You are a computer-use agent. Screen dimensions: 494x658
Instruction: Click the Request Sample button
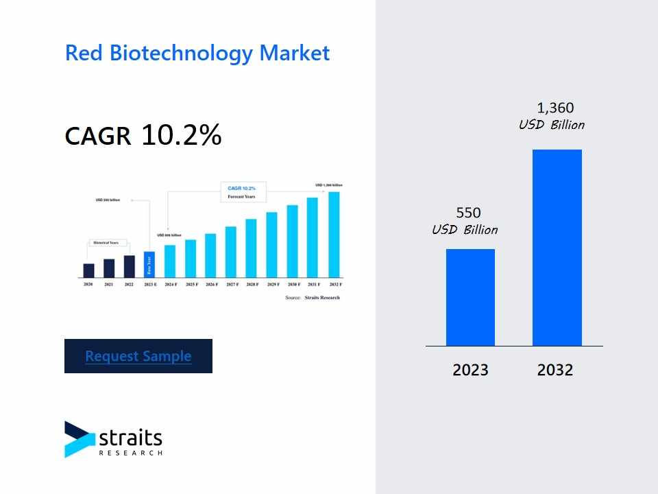point(138,356)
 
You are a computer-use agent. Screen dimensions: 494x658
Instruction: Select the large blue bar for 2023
point(470,297)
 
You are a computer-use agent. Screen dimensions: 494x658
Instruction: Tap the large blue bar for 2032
point(557,248)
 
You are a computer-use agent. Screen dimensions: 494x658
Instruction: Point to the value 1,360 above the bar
point(555,108)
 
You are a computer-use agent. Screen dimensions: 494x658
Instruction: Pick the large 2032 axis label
point(555,370)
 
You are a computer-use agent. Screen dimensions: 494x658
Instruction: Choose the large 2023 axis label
point(470,370)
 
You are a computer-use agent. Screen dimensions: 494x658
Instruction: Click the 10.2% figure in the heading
point(182,136)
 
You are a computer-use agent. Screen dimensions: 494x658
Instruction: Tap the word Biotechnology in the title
point(176,53)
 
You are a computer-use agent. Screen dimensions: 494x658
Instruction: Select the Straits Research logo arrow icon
point(79,439)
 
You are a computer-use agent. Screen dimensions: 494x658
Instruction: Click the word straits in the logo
point(130,437)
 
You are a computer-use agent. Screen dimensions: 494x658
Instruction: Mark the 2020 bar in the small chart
point(88,270)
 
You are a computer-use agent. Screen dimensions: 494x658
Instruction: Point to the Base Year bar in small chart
point(149,265)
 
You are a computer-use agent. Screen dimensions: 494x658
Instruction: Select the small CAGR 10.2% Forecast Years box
point(243,192)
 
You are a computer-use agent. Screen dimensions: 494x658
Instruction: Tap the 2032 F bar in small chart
point(334,235)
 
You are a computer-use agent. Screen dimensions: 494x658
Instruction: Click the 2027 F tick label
point(232,284)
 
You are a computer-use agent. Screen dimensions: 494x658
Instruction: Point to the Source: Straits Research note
point(313,298)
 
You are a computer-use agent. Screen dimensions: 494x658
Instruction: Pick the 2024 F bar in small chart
point(170,261)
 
